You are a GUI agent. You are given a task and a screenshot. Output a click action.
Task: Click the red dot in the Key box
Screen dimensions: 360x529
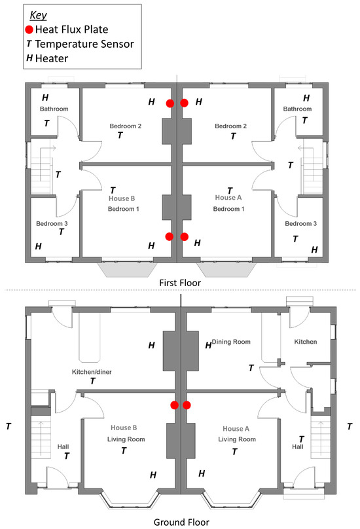coord(29,29)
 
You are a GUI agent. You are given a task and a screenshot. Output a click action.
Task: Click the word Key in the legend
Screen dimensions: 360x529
coord(38,15)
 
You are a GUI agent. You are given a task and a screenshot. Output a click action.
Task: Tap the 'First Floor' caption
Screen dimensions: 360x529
coord(180,283)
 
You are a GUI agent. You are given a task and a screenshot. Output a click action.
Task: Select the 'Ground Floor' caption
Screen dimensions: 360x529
coord(181,522)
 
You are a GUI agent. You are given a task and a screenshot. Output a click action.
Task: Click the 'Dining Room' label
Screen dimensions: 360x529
coord(231,342)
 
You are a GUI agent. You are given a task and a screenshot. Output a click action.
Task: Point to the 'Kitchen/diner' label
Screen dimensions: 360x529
coord(92,372)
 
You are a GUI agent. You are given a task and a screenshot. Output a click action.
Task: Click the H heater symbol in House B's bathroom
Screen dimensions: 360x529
coord(45,98)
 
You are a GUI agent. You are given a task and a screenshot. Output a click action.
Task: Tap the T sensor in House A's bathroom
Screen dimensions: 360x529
coord(304,120)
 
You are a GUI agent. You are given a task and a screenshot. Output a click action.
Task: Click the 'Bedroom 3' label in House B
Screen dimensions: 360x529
coord(52,223)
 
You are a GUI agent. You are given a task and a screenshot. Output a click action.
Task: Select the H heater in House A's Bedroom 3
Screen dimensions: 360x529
coord(314,249)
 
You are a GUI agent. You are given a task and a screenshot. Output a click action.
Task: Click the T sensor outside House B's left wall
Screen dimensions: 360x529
coord(9,426)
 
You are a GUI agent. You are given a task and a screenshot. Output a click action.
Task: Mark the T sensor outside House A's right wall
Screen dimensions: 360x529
coord(350,426)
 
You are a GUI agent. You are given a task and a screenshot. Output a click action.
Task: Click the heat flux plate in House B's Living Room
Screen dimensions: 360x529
coord(174,405)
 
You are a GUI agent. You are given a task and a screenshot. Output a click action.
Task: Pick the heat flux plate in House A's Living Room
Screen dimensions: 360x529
coord(187,405)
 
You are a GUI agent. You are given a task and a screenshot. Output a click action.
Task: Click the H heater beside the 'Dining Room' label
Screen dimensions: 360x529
coord(209,345)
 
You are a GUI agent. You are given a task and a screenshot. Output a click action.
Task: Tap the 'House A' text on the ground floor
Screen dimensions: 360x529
coord(236,429)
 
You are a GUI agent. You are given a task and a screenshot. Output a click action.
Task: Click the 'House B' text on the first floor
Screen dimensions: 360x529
coord(122,198)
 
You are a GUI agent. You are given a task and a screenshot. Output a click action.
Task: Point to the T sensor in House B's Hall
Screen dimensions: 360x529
coord(67,456)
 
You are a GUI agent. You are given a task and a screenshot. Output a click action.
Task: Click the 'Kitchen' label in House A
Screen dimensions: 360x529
coord(306,342)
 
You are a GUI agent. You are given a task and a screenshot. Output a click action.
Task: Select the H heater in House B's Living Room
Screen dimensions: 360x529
coord(153,475)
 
